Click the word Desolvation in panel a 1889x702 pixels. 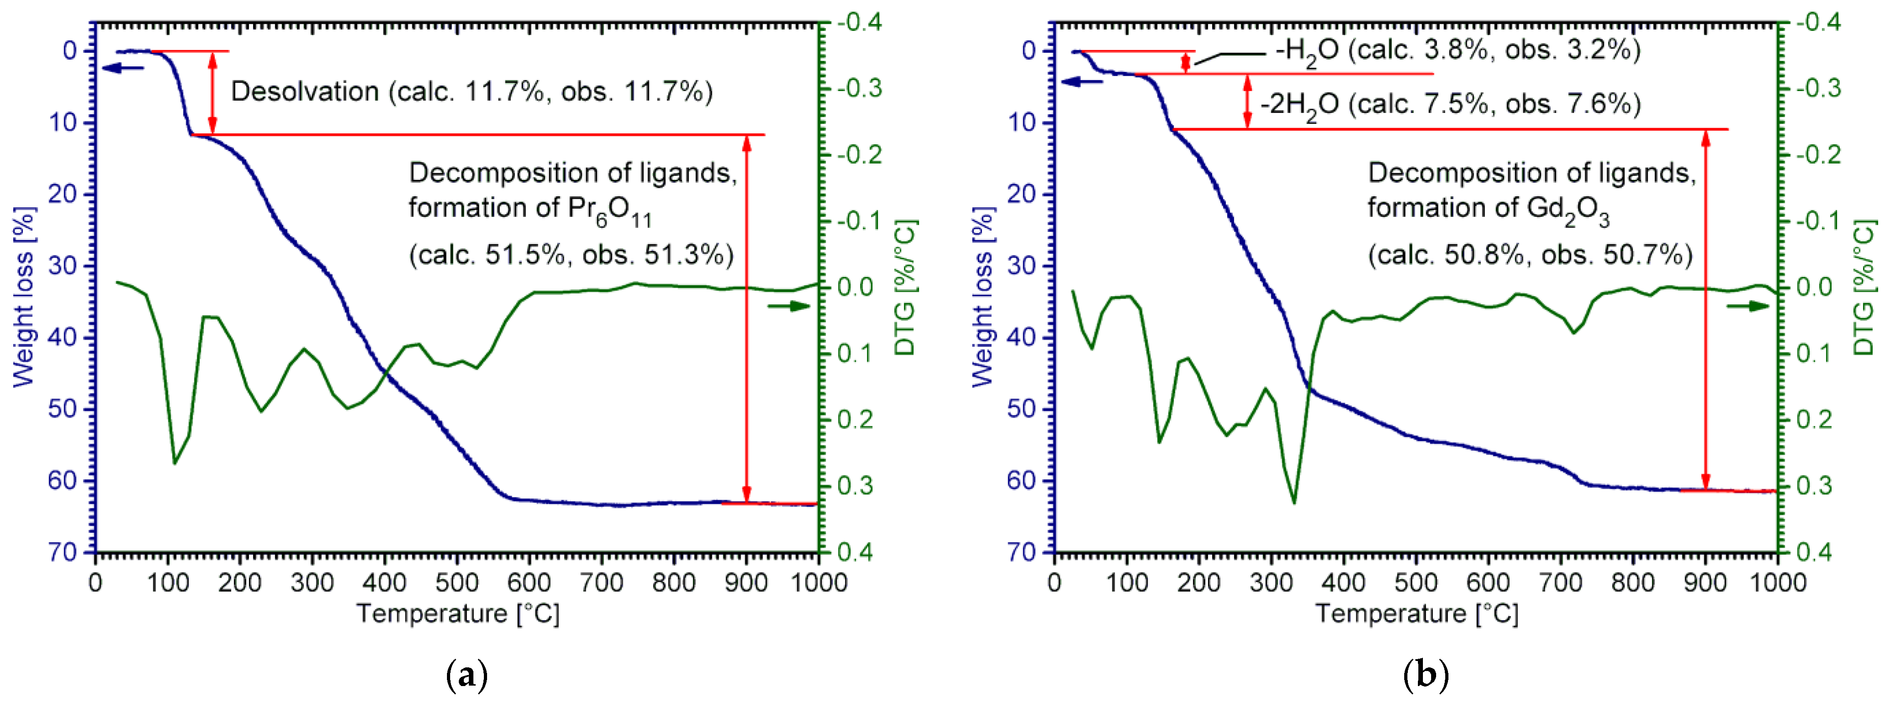[x=304, y=92]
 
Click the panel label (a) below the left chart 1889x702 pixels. [x=467, y=674]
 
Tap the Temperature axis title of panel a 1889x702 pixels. [x=457, y=613]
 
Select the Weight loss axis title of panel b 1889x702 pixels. [x=983, y=297]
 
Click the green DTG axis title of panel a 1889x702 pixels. [x=906, y=287]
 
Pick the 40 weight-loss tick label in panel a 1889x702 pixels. [x=62, y=337]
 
